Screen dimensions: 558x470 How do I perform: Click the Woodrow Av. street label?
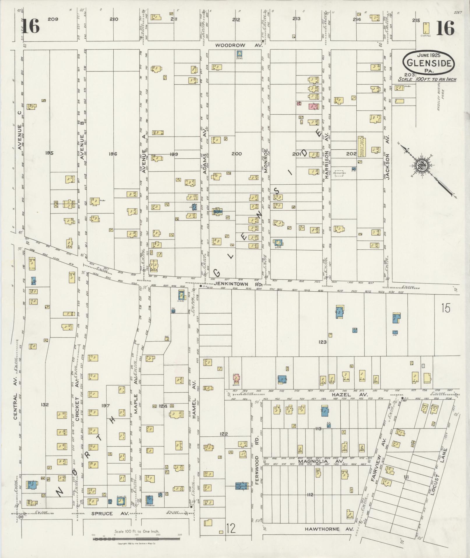(x=239, y=46)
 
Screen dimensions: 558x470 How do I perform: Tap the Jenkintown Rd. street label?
(x=239, y=284)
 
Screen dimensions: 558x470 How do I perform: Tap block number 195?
(x=50, y=153)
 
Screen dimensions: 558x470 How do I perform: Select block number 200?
(x=236, y=153)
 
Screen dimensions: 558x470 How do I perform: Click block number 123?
(x=323, y=342)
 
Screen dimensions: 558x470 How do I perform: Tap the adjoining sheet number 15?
(x=446, y=308)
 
